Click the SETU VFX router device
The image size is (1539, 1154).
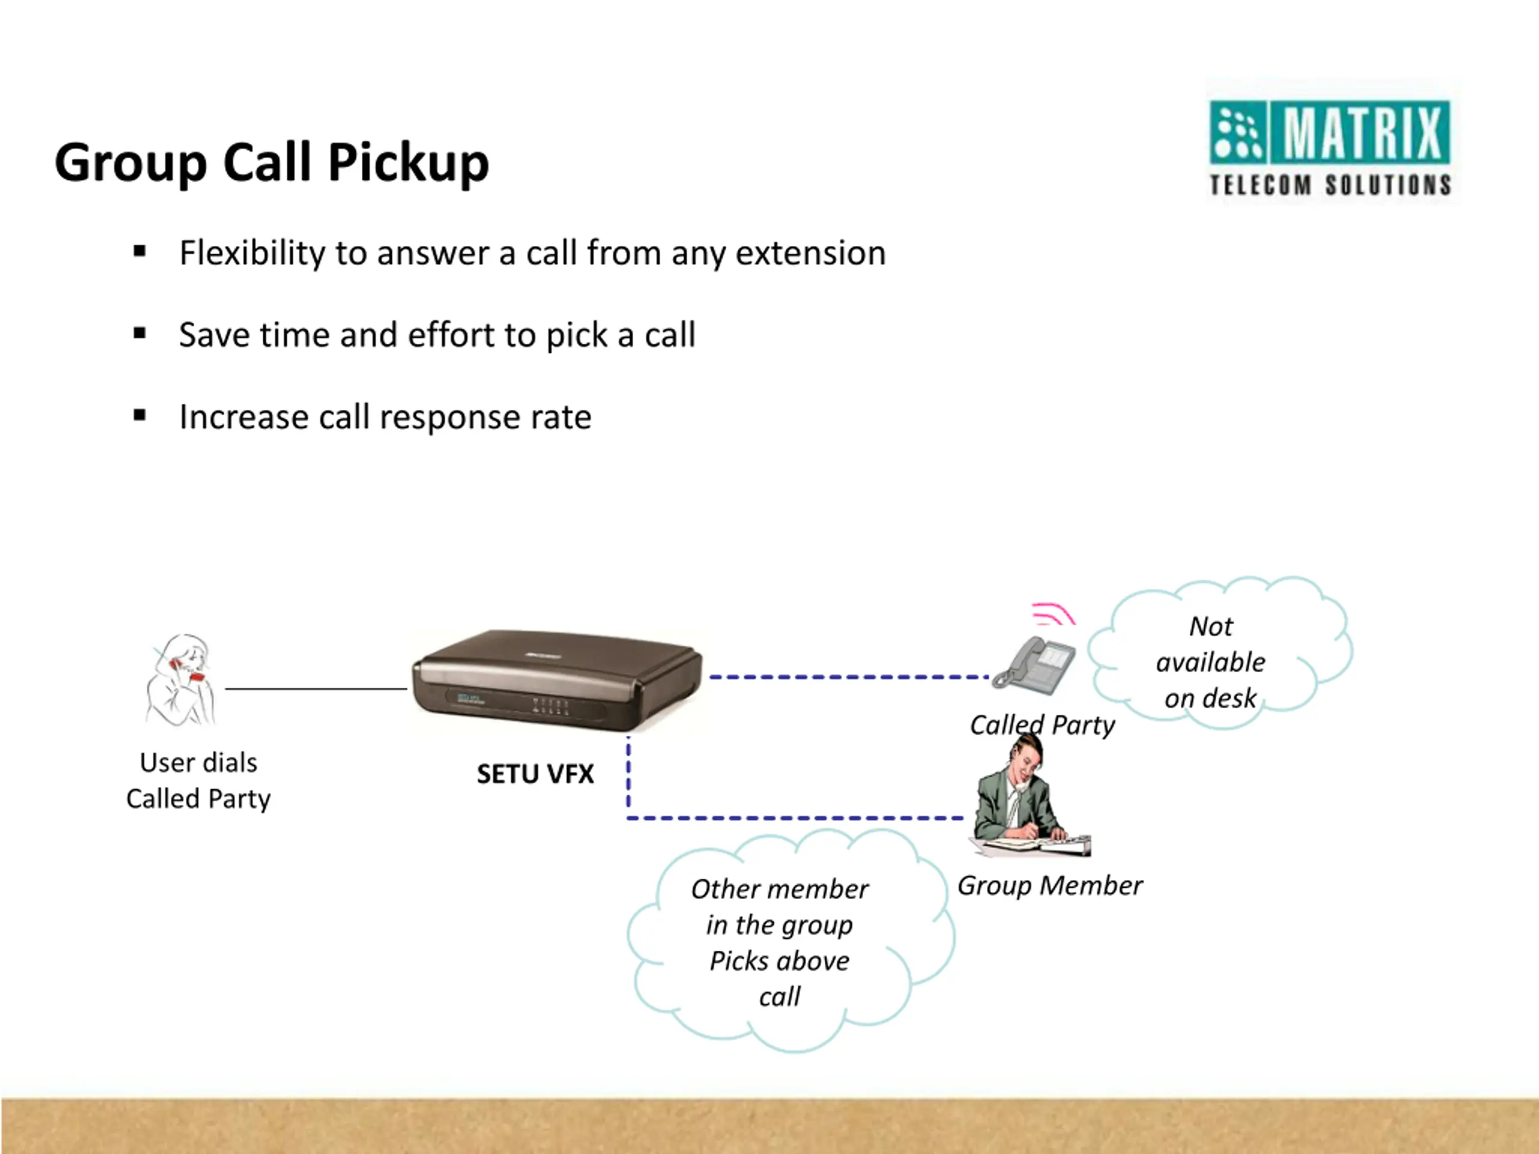click(x=557, y=680)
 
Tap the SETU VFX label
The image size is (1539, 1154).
click(x=535, y=774)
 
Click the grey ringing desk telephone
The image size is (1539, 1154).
click(x=1033, y=665)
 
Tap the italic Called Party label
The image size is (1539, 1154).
click(x=1042, y=725)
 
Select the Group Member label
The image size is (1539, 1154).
click(x=1050, y=885)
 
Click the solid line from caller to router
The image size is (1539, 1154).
click(x=316, y=689)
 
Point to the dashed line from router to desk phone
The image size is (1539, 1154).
click(x=849, y=677)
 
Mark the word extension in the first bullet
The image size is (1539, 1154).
click(x=810, y=253)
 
